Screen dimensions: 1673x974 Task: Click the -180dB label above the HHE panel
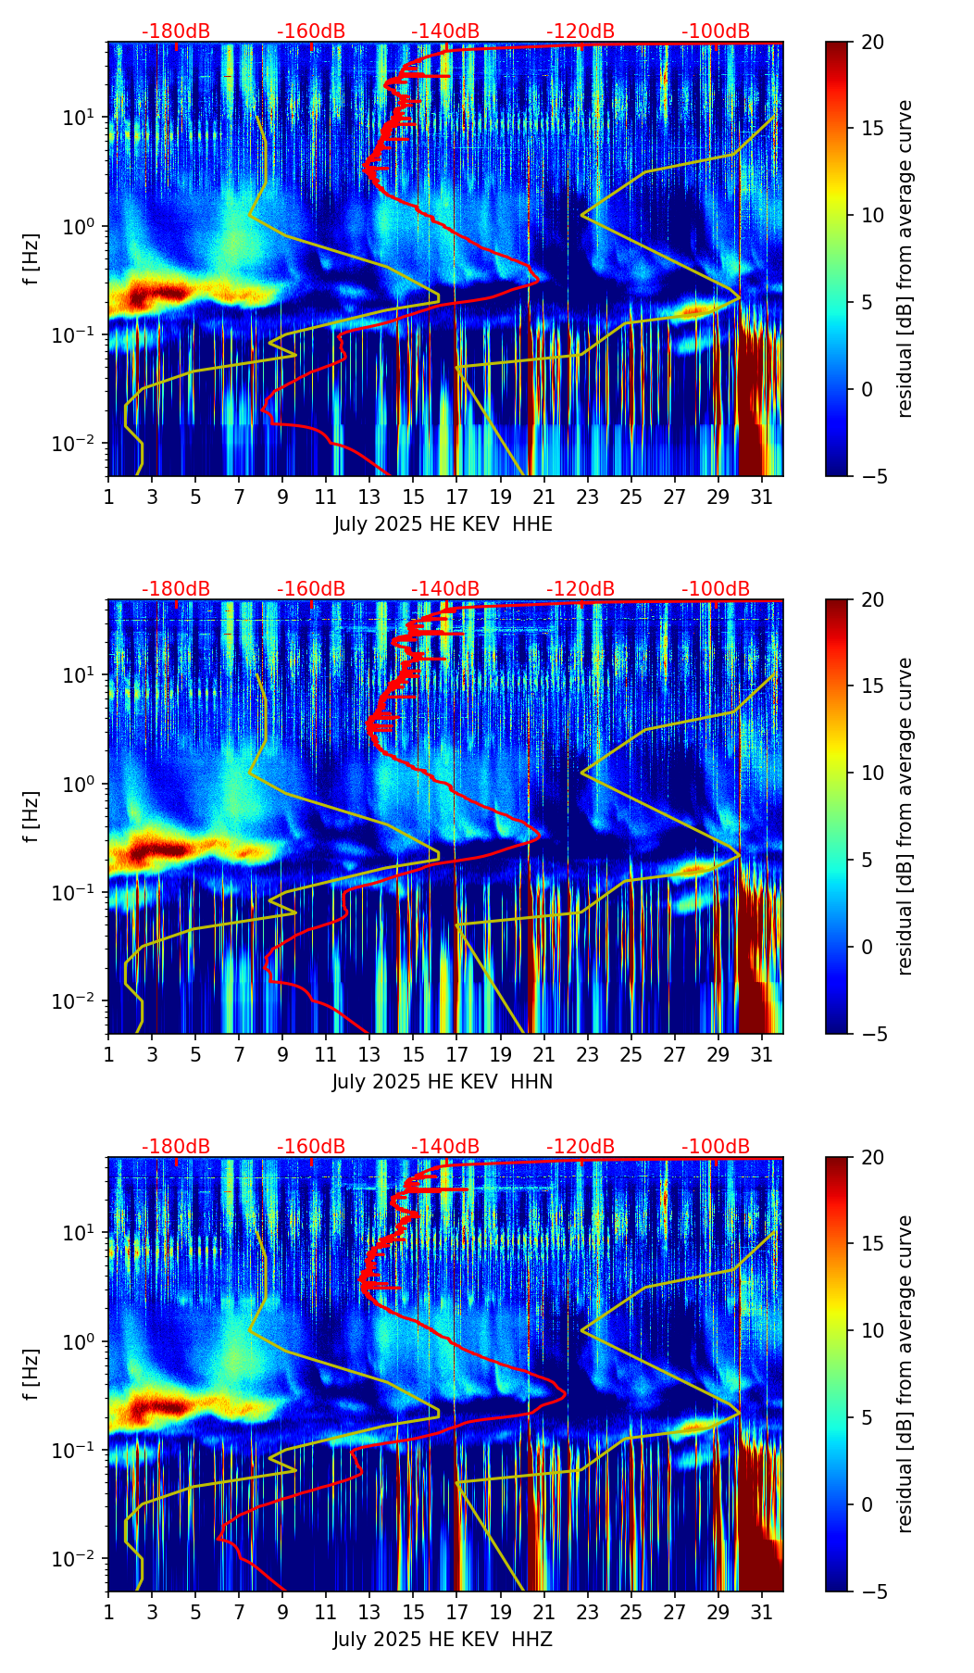point(176,31)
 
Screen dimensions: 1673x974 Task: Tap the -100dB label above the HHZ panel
point(716,1147)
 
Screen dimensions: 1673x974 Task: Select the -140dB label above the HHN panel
point(445,589)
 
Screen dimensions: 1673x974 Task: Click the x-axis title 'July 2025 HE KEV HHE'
point(443,524)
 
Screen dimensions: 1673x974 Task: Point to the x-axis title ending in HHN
point(443,1082)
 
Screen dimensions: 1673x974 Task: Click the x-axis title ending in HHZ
point(443,1640)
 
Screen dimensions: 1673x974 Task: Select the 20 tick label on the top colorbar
point(873,43)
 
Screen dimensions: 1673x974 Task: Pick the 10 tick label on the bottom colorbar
point(873,1330)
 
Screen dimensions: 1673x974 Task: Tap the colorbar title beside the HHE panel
point(905,259)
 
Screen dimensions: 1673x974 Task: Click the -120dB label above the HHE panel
point(581,31)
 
